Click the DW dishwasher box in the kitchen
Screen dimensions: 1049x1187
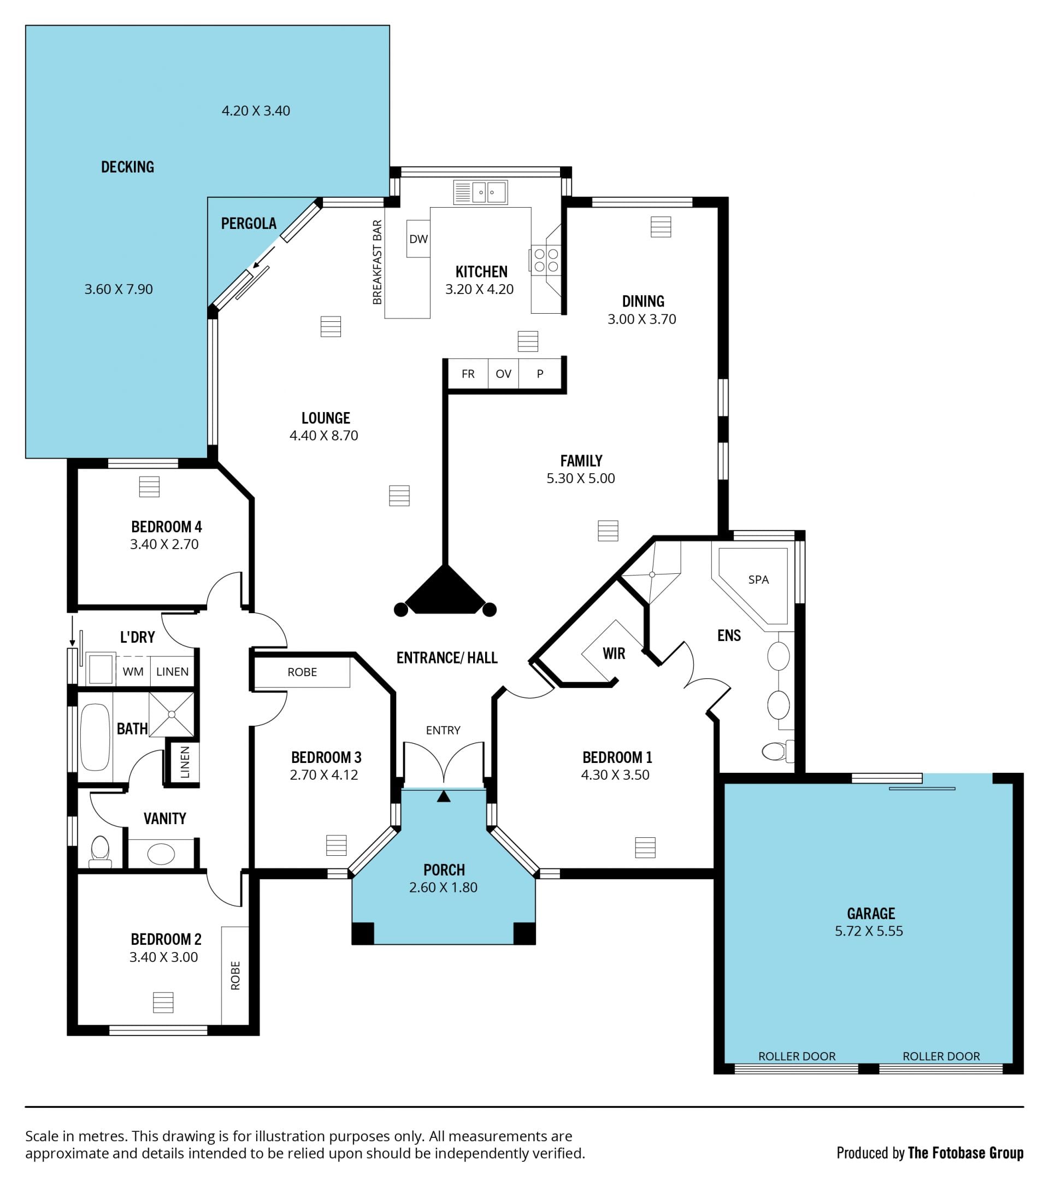pyautogui.click(x=418, y=239)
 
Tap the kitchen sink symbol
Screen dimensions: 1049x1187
pyautogui.click(x=480, y=192)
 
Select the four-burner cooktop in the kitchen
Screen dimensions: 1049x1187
pyautogui.click(x=546, y=260)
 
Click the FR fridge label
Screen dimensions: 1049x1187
pyautogui.click(x=468, y=374)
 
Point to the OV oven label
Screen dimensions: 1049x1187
pyautogui.click(x=503, y=374)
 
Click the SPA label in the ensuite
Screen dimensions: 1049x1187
pyautogui.click(x=758, y=579)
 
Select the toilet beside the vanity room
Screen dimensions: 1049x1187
pyautogui.click(x=101, y=851)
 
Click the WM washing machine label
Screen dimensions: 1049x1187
pyautogui.click(x=133, y=672)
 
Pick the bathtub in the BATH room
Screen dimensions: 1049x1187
pyautogui.click(x=95, y=738)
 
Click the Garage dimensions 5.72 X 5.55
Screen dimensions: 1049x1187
pyautogui.click(x=869, y=931)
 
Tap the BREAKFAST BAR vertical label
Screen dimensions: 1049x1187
pyautogui.click(x=378, y=262)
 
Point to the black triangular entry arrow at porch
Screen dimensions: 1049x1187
pyautogui.click(x=444, y=796)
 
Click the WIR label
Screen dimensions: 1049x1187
pyautogui.click(x=614, y=654)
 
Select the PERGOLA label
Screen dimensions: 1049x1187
pyautogui.click(x=249, y=224)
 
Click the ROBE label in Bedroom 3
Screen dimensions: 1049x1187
pyautogui.click(x=302, y=672)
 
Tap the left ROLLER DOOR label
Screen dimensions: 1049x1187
pyautogui.click(x=797, y=1056)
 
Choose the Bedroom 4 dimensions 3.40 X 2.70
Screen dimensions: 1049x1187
pyautogui.click(x=164, y=544)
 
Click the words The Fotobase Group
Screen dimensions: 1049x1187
pyautogui.click(x=965, y=1153)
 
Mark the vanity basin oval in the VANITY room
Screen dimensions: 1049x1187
pyautogui.click(x=161, y=854)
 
